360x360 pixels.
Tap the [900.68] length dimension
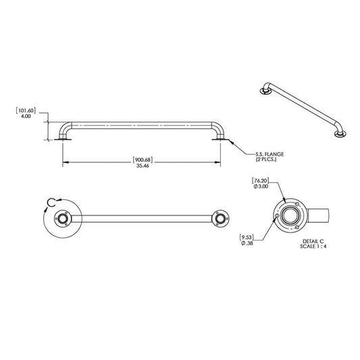[142, 159]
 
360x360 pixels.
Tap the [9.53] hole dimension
[247, 237]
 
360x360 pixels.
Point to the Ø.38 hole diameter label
[247, 245]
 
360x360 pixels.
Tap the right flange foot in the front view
[219, 139]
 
